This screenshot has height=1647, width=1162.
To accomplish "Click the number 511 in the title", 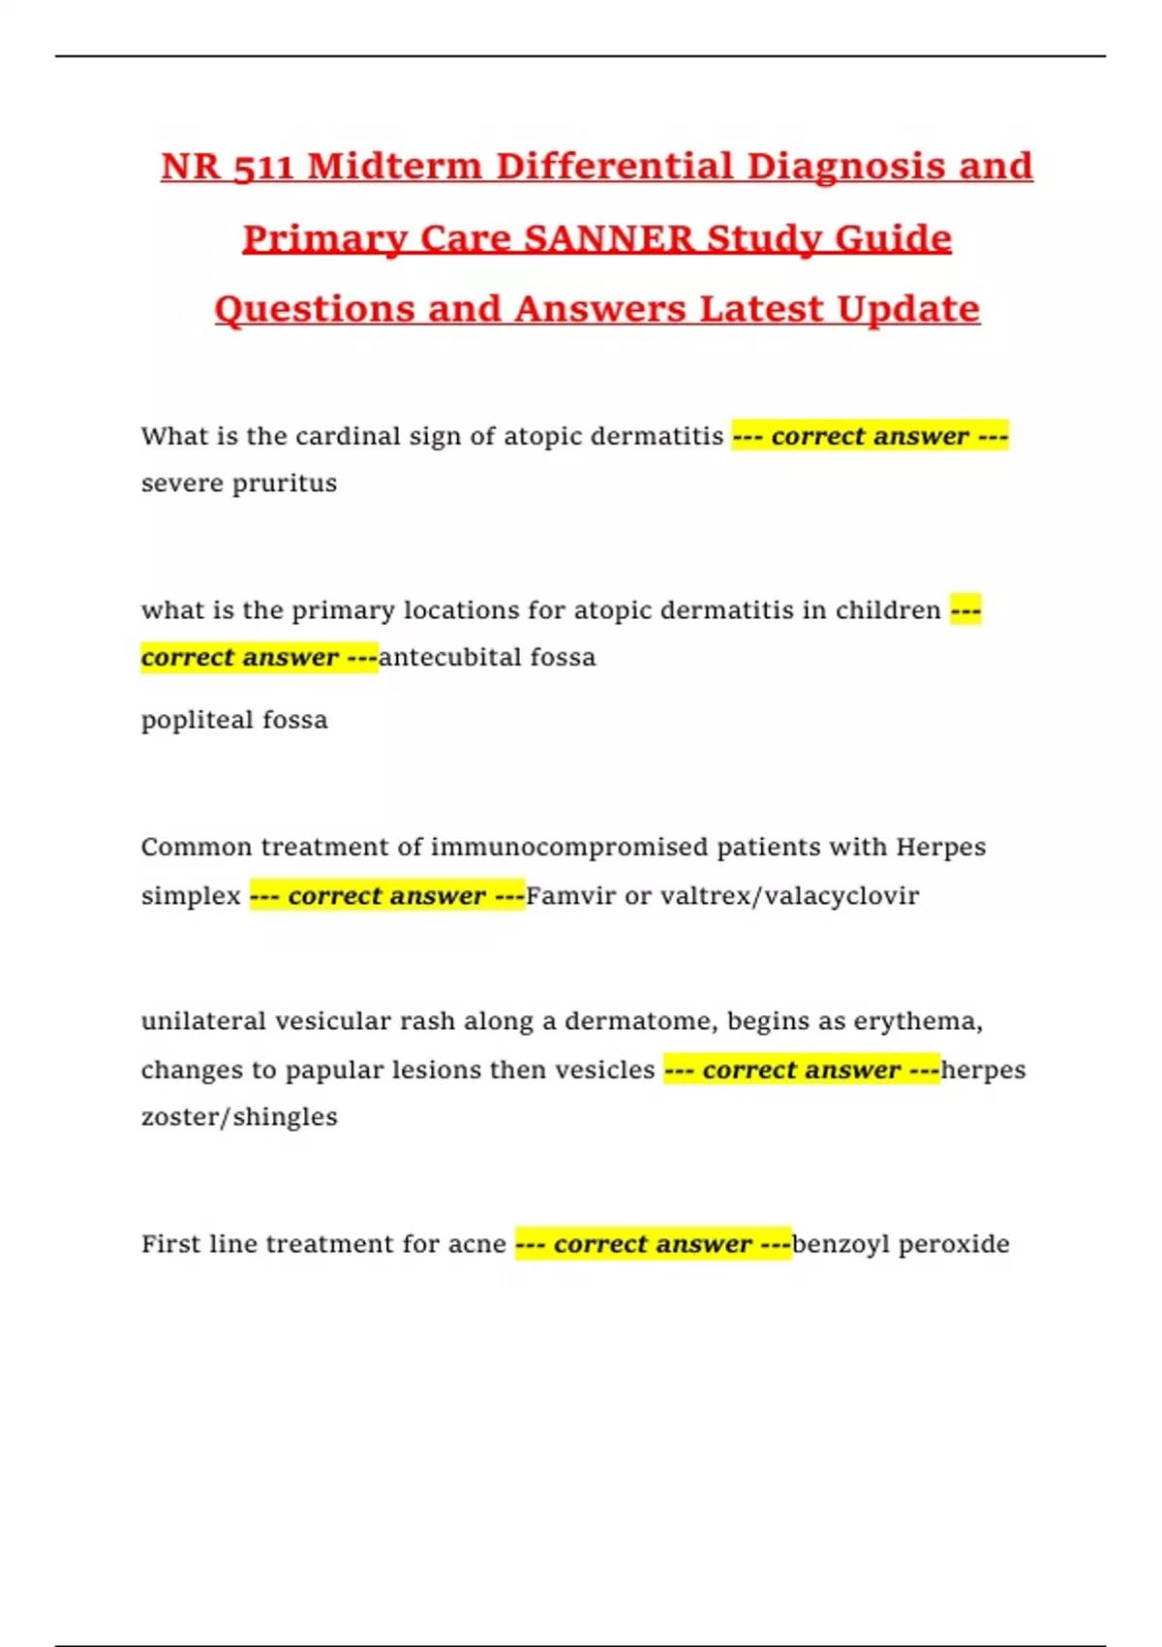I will click(263, 167).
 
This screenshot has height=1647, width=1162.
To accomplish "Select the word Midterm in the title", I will click(394, 167).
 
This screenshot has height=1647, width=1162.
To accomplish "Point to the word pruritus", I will click(281, 483).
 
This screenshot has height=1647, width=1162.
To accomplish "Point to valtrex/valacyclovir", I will click(789, 895).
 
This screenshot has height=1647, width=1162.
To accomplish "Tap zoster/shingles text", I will click(239, 1117).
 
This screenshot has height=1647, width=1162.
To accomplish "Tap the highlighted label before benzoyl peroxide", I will click(653, 1244).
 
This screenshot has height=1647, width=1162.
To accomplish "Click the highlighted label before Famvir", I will click(387, 895).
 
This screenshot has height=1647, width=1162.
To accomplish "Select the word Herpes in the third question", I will click(940, 847).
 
